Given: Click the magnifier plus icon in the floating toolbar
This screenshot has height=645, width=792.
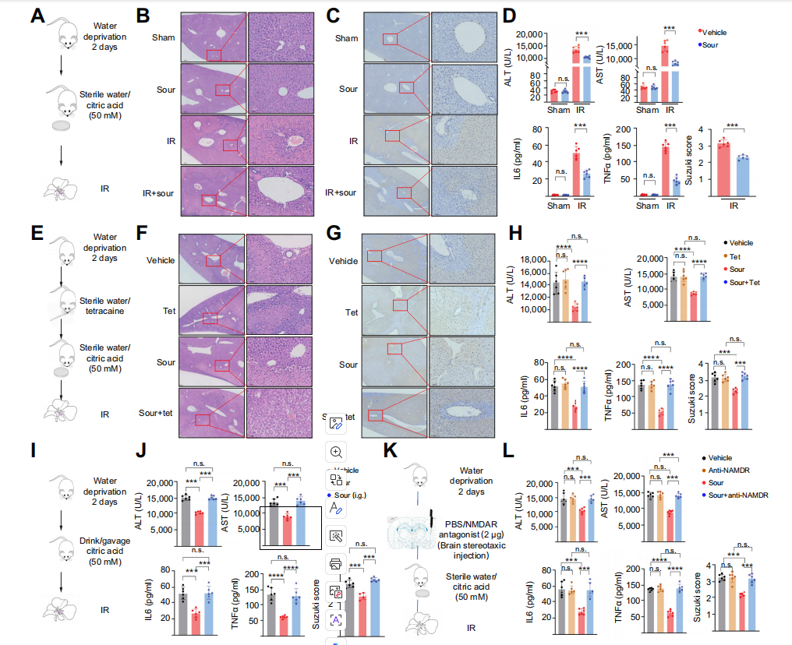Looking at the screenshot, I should pos(337,452).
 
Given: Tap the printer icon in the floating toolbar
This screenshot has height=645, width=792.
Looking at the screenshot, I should pos(337,562).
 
